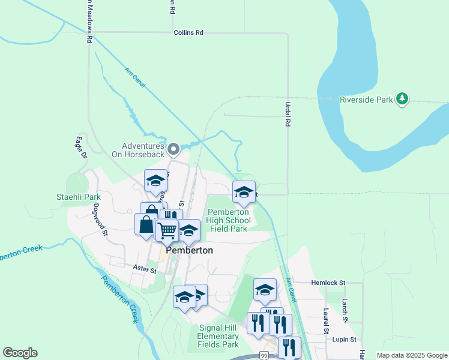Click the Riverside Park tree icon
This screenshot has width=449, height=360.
pos(403,99)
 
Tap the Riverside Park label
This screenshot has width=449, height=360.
pos(366,100)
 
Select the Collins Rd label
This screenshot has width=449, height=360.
pos(188,32)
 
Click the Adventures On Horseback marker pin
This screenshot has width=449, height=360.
pos(173,148)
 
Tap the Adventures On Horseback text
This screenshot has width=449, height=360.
pos(143,150)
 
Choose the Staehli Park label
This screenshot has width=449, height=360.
pos(79,197)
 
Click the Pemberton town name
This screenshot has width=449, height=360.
pos(189,250)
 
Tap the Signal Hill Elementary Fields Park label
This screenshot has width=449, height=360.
pos(218,336)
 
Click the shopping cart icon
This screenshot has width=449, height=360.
pos(167,229)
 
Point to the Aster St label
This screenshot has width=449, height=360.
pos(145,271)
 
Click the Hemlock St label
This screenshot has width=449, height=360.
pos(328,282)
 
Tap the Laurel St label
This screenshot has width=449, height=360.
pos(326,321)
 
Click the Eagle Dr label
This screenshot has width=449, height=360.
pos(80,148)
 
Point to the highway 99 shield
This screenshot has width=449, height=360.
pos(264,356)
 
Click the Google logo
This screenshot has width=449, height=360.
pos(20,353)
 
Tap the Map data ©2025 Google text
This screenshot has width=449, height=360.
pos(412,356)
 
